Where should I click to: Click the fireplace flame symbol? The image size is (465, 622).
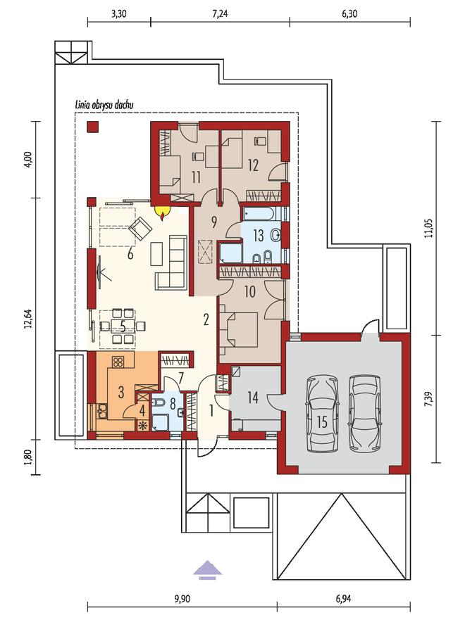tap(163, 213)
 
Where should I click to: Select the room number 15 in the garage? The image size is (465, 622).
tap(322, 422)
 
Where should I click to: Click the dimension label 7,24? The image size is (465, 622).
tap(220, 14)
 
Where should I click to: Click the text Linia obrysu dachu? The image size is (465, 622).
tap(104, 105)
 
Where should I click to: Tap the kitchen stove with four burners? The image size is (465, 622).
tap(118, 362)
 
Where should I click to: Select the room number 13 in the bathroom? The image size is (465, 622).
tap(259, 236)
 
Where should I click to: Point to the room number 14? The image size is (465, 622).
tap(253, 397)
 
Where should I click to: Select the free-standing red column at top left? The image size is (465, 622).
tap(93, 127)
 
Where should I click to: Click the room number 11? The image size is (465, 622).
tap(195, 177)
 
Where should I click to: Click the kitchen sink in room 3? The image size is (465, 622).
tap(102, 411)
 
